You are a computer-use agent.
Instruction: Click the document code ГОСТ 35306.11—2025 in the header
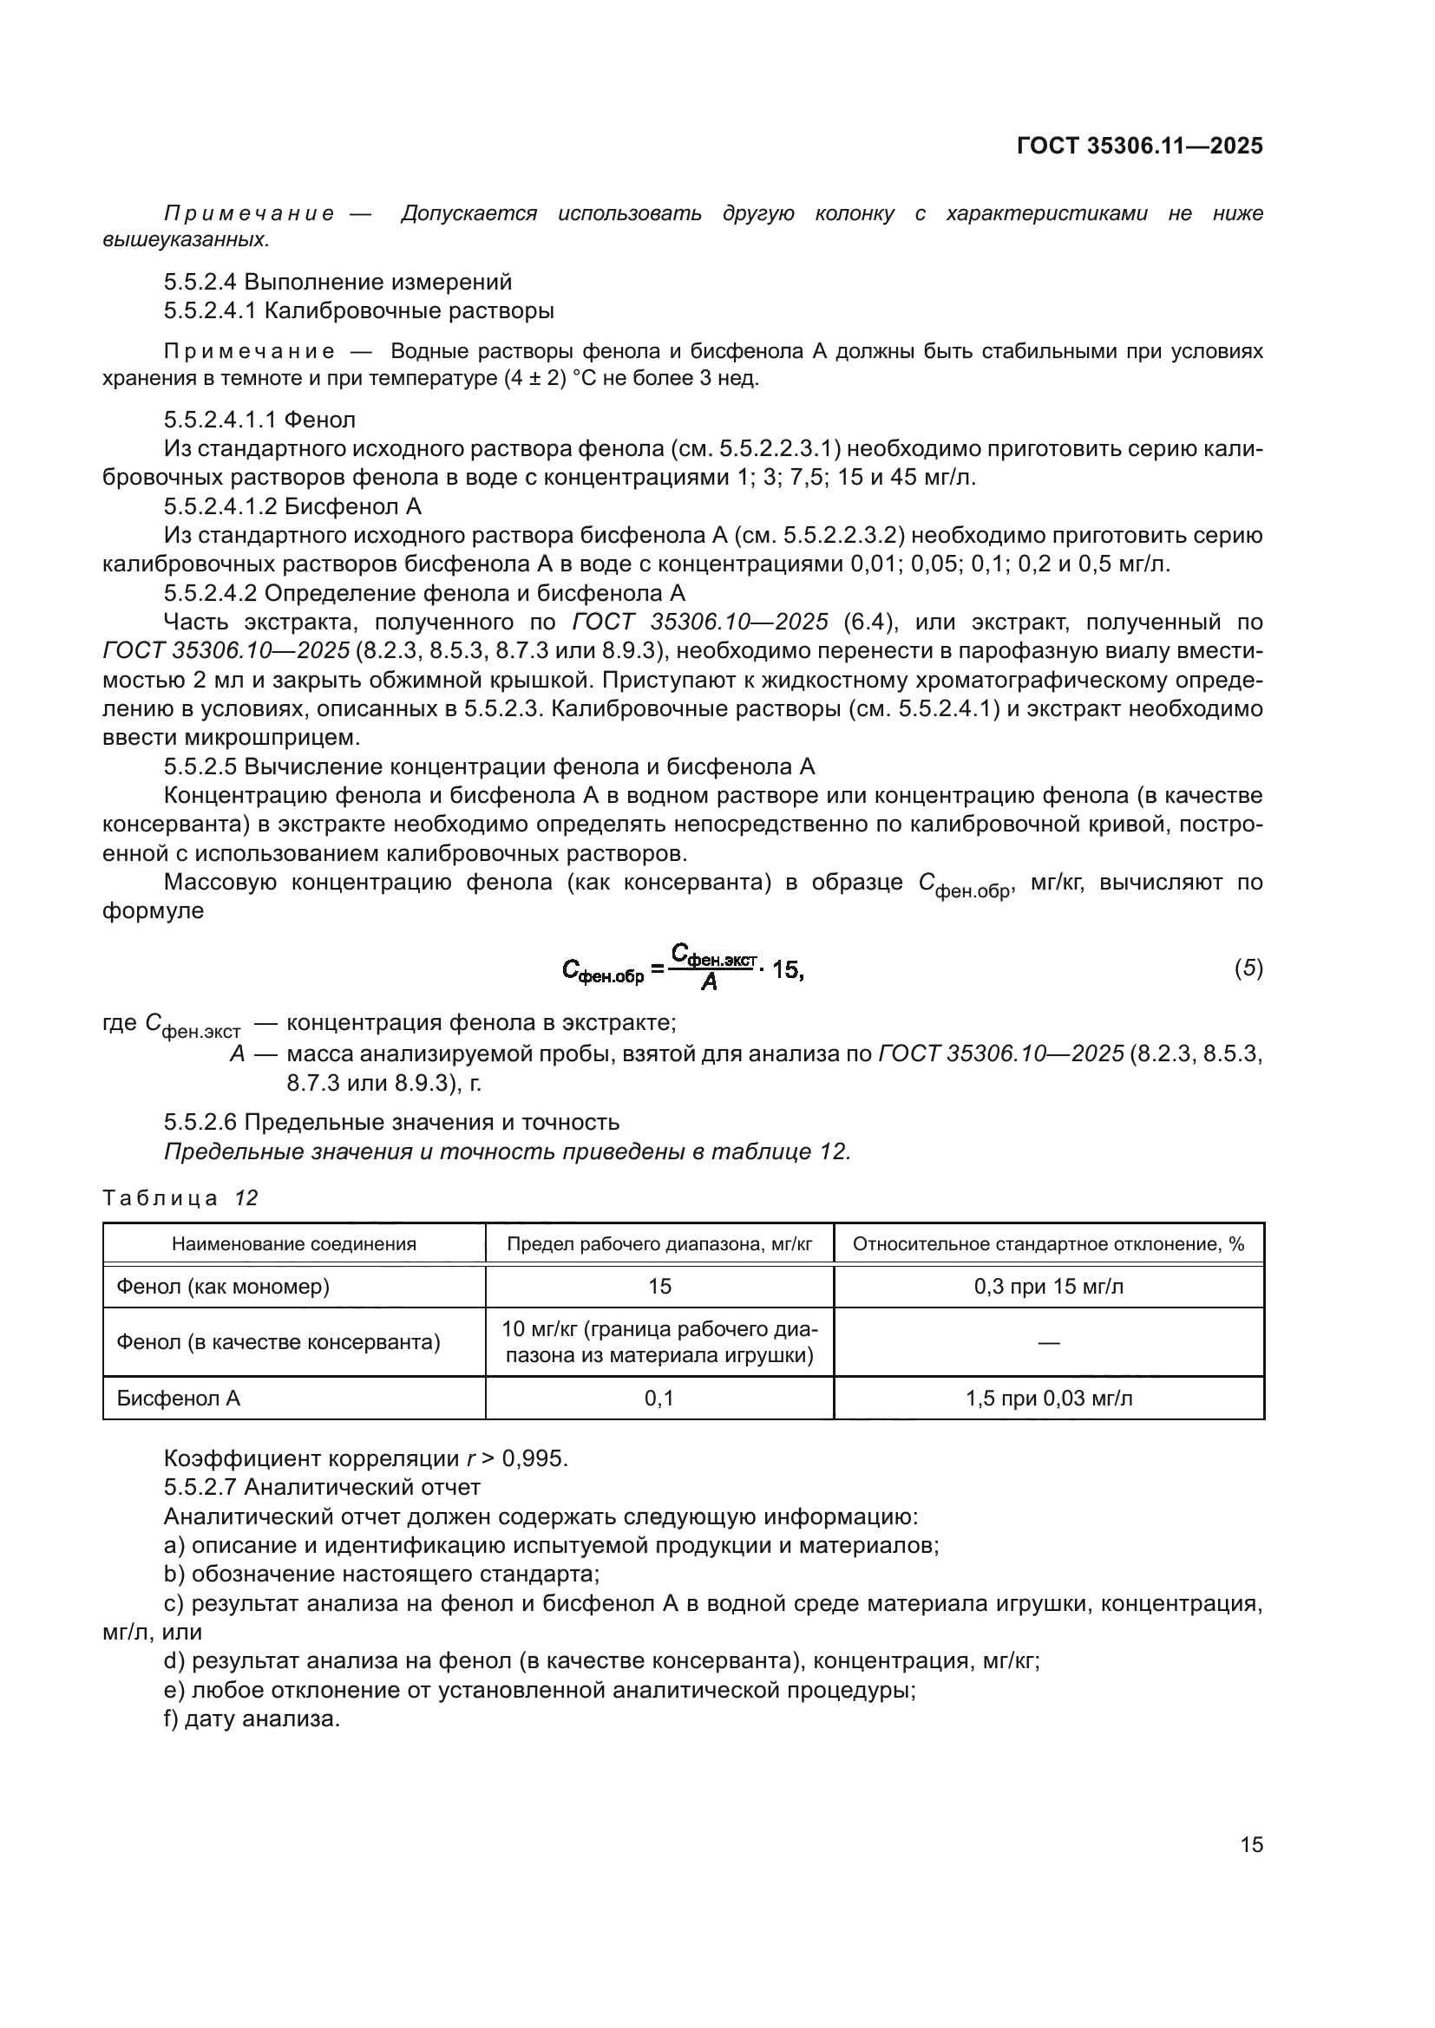point(1139,146)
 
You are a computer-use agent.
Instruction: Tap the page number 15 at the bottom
point(1251,1844)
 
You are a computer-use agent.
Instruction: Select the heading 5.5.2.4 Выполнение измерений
point(337,282)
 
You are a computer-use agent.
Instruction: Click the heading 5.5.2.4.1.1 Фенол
point(259,420)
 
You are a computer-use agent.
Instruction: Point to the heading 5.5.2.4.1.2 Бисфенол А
point(292,506)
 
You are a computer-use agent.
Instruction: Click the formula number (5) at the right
point(1248,968)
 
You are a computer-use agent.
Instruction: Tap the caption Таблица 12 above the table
point(180,1197)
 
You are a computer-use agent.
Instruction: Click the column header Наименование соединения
point(293,1244)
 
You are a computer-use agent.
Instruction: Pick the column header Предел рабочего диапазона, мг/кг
point(659,1244)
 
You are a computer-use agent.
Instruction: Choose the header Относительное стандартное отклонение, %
point(1048,1244)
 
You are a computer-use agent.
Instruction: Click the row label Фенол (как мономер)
point(223,1286)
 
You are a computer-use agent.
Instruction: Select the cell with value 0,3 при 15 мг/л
point(1048,1286)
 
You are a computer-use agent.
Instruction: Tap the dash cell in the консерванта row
point(1048,1342)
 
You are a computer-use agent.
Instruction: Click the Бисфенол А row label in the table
point(179,1399)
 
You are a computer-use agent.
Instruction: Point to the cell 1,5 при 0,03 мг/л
point(1048,1399)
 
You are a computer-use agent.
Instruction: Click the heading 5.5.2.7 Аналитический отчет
point(322,1488)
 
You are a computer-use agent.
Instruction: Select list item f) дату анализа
point(252,1718)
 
